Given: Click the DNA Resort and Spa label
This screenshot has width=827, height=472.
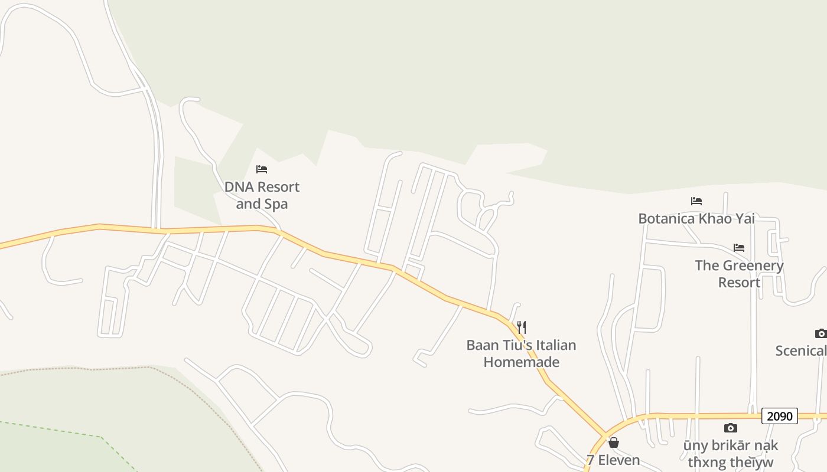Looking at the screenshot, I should tap(262, 195).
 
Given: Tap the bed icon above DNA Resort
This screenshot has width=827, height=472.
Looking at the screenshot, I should tap(262, 170).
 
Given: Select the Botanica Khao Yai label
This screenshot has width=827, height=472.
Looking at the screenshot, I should tap(696, 218).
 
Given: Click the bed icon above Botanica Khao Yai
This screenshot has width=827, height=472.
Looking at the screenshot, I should tap(696, 201).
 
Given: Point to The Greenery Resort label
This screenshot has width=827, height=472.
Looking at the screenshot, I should tap(739, 274).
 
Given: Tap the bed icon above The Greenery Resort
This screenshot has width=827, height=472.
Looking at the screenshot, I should tap(738, 248).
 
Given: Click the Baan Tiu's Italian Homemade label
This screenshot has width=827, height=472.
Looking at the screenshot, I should tap(521, 353).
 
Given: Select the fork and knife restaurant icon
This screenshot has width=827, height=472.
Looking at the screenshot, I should tap(521, 327).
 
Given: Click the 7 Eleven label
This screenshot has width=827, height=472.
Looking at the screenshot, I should tap(613, 460).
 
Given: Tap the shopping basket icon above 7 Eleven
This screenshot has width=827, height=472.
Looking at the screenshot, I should tap(614, 442).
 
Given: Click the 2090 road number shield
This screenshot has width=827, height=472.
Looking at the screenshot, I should tap(779, 416).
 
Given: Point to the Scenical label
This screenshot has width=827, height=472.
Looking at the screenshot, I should tap(801, 350).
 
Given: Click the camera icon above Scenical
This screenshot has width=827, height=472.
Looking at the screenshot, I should tap(821, 333).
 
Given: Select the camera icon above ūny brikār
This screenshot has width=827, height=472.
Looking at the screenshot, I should tap(731, 428).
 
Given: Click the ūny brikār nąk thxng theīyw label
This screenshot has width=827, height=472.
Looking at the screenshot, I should tap(731, 454).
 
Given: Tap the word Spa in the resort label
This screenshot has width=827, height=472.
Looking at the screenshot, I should tap(275, 204).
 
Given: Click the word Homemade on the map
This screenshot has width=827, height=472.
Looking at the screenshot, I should tap(521, 362).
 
